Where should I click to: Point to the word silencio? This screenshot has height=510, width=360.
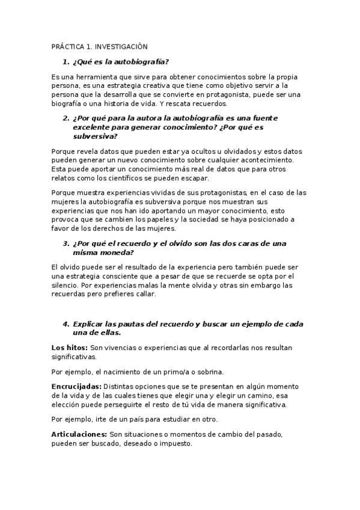(66, 285)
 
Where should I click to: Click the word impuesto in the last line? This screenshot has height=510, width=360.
(174, 443)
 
